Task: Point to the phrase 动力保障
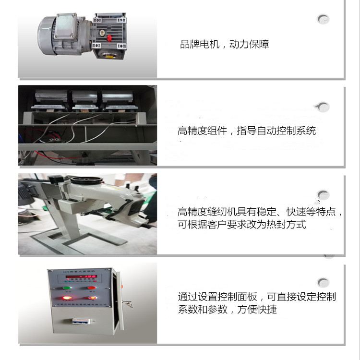point(249,45)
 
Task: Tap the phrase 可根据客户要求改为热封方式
point(241,225)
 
